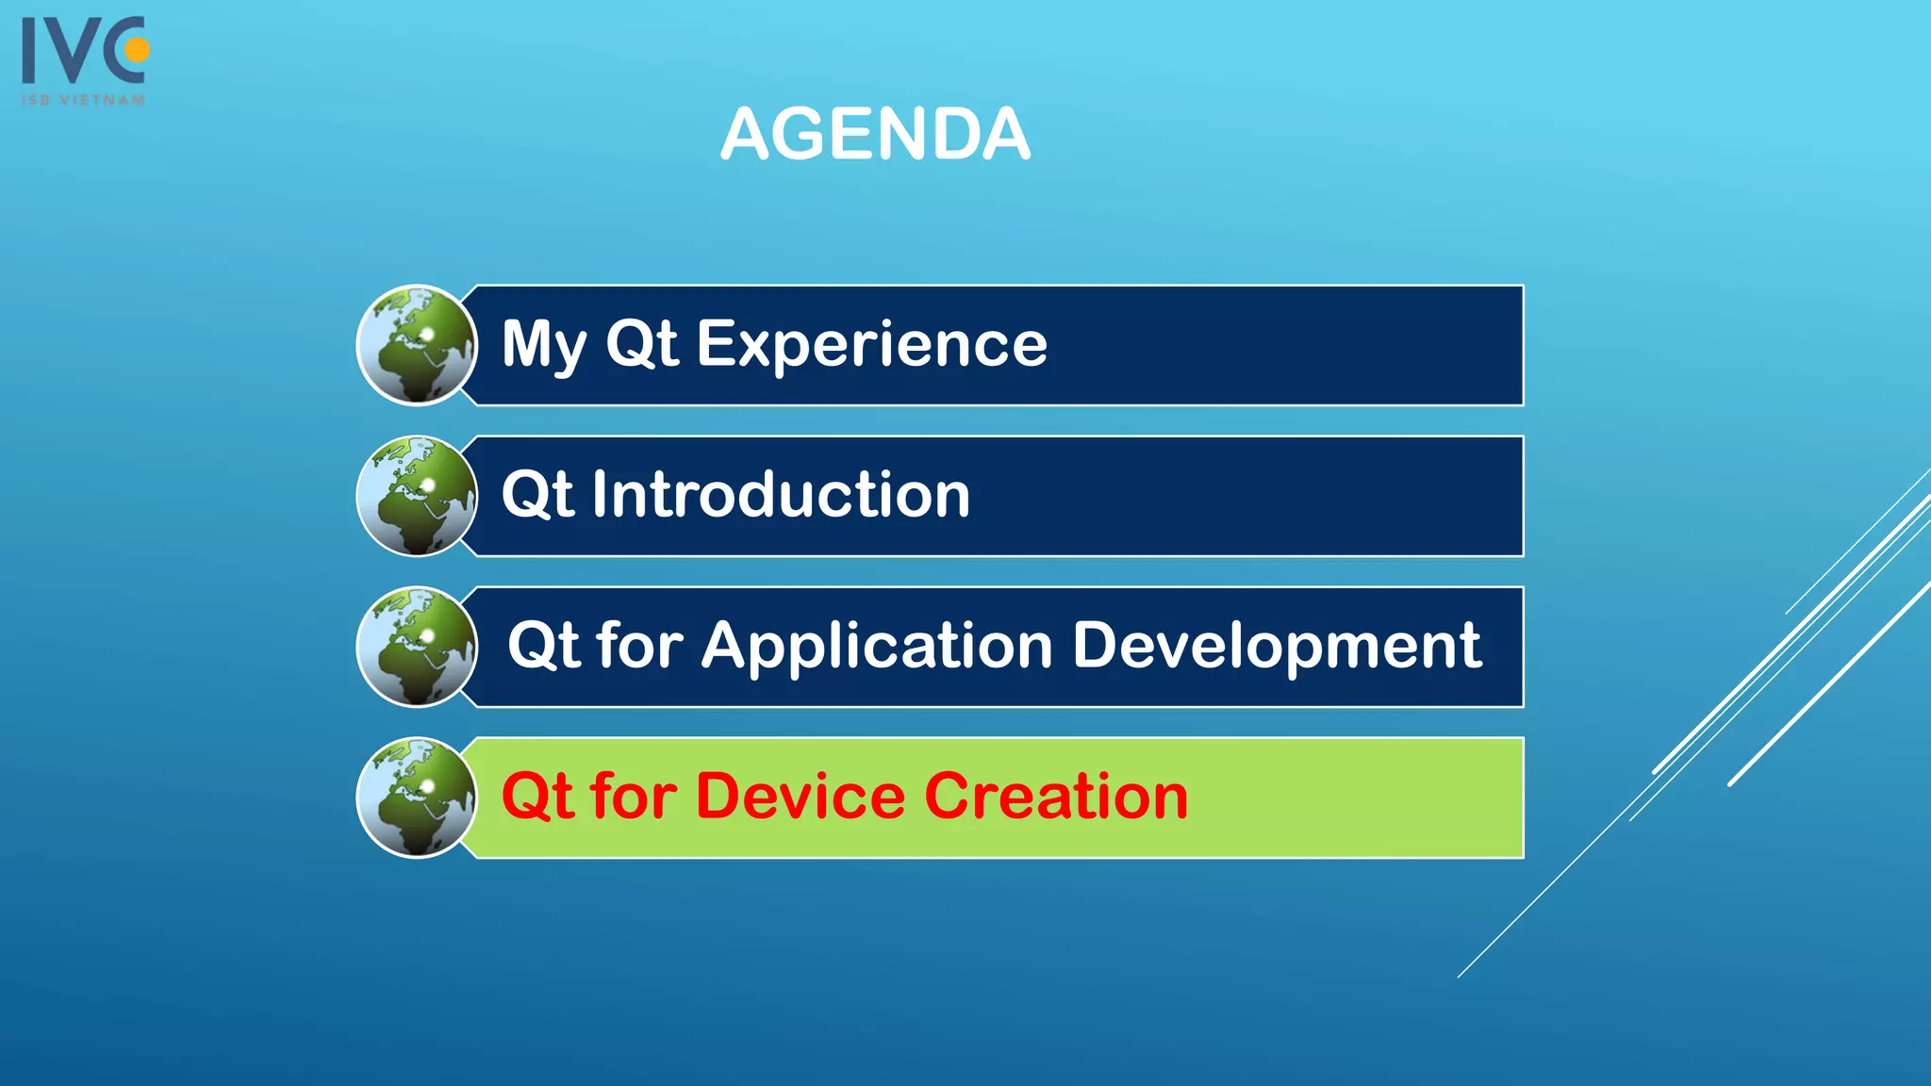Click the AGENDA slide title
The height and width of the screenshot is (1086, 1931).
pos(875,134)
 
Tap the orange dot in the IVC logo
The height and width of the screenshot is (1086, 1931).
pos(138,49)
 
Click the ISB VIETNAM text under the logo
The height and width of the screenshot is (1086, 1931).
pos(84,100)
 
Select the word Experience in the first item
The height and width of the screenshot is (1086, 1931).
pos(871,344)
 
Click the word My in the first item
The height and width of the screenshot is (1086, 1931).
pos(544,344)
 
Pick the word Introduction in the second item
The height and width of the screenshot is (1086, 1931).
pos(781,495)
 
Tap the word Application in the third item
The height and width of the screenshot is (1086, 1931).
pos(876,647)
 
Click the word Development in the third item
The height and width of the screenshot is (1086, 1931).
pos(1277,647)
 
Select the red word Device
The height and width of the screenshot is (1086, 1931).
pos(800,797)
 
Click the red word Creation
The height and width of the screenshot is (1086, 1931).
pos(1056,797)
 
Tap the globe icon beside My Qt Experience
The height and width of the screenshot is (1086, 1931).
pos(417,345)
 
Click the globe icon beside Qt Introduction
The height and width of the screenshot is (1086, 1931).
pos(417,496)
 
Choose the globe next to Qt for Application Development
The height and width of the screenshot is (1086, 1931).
pos(417,647)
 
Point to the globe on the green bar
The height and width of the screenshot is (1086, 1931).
pos(417,798)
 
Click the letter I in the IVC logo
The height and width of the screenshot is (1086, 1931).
pos(29,52)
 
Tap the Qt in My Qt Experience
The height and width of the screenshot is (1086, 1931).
pos(641,344)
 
